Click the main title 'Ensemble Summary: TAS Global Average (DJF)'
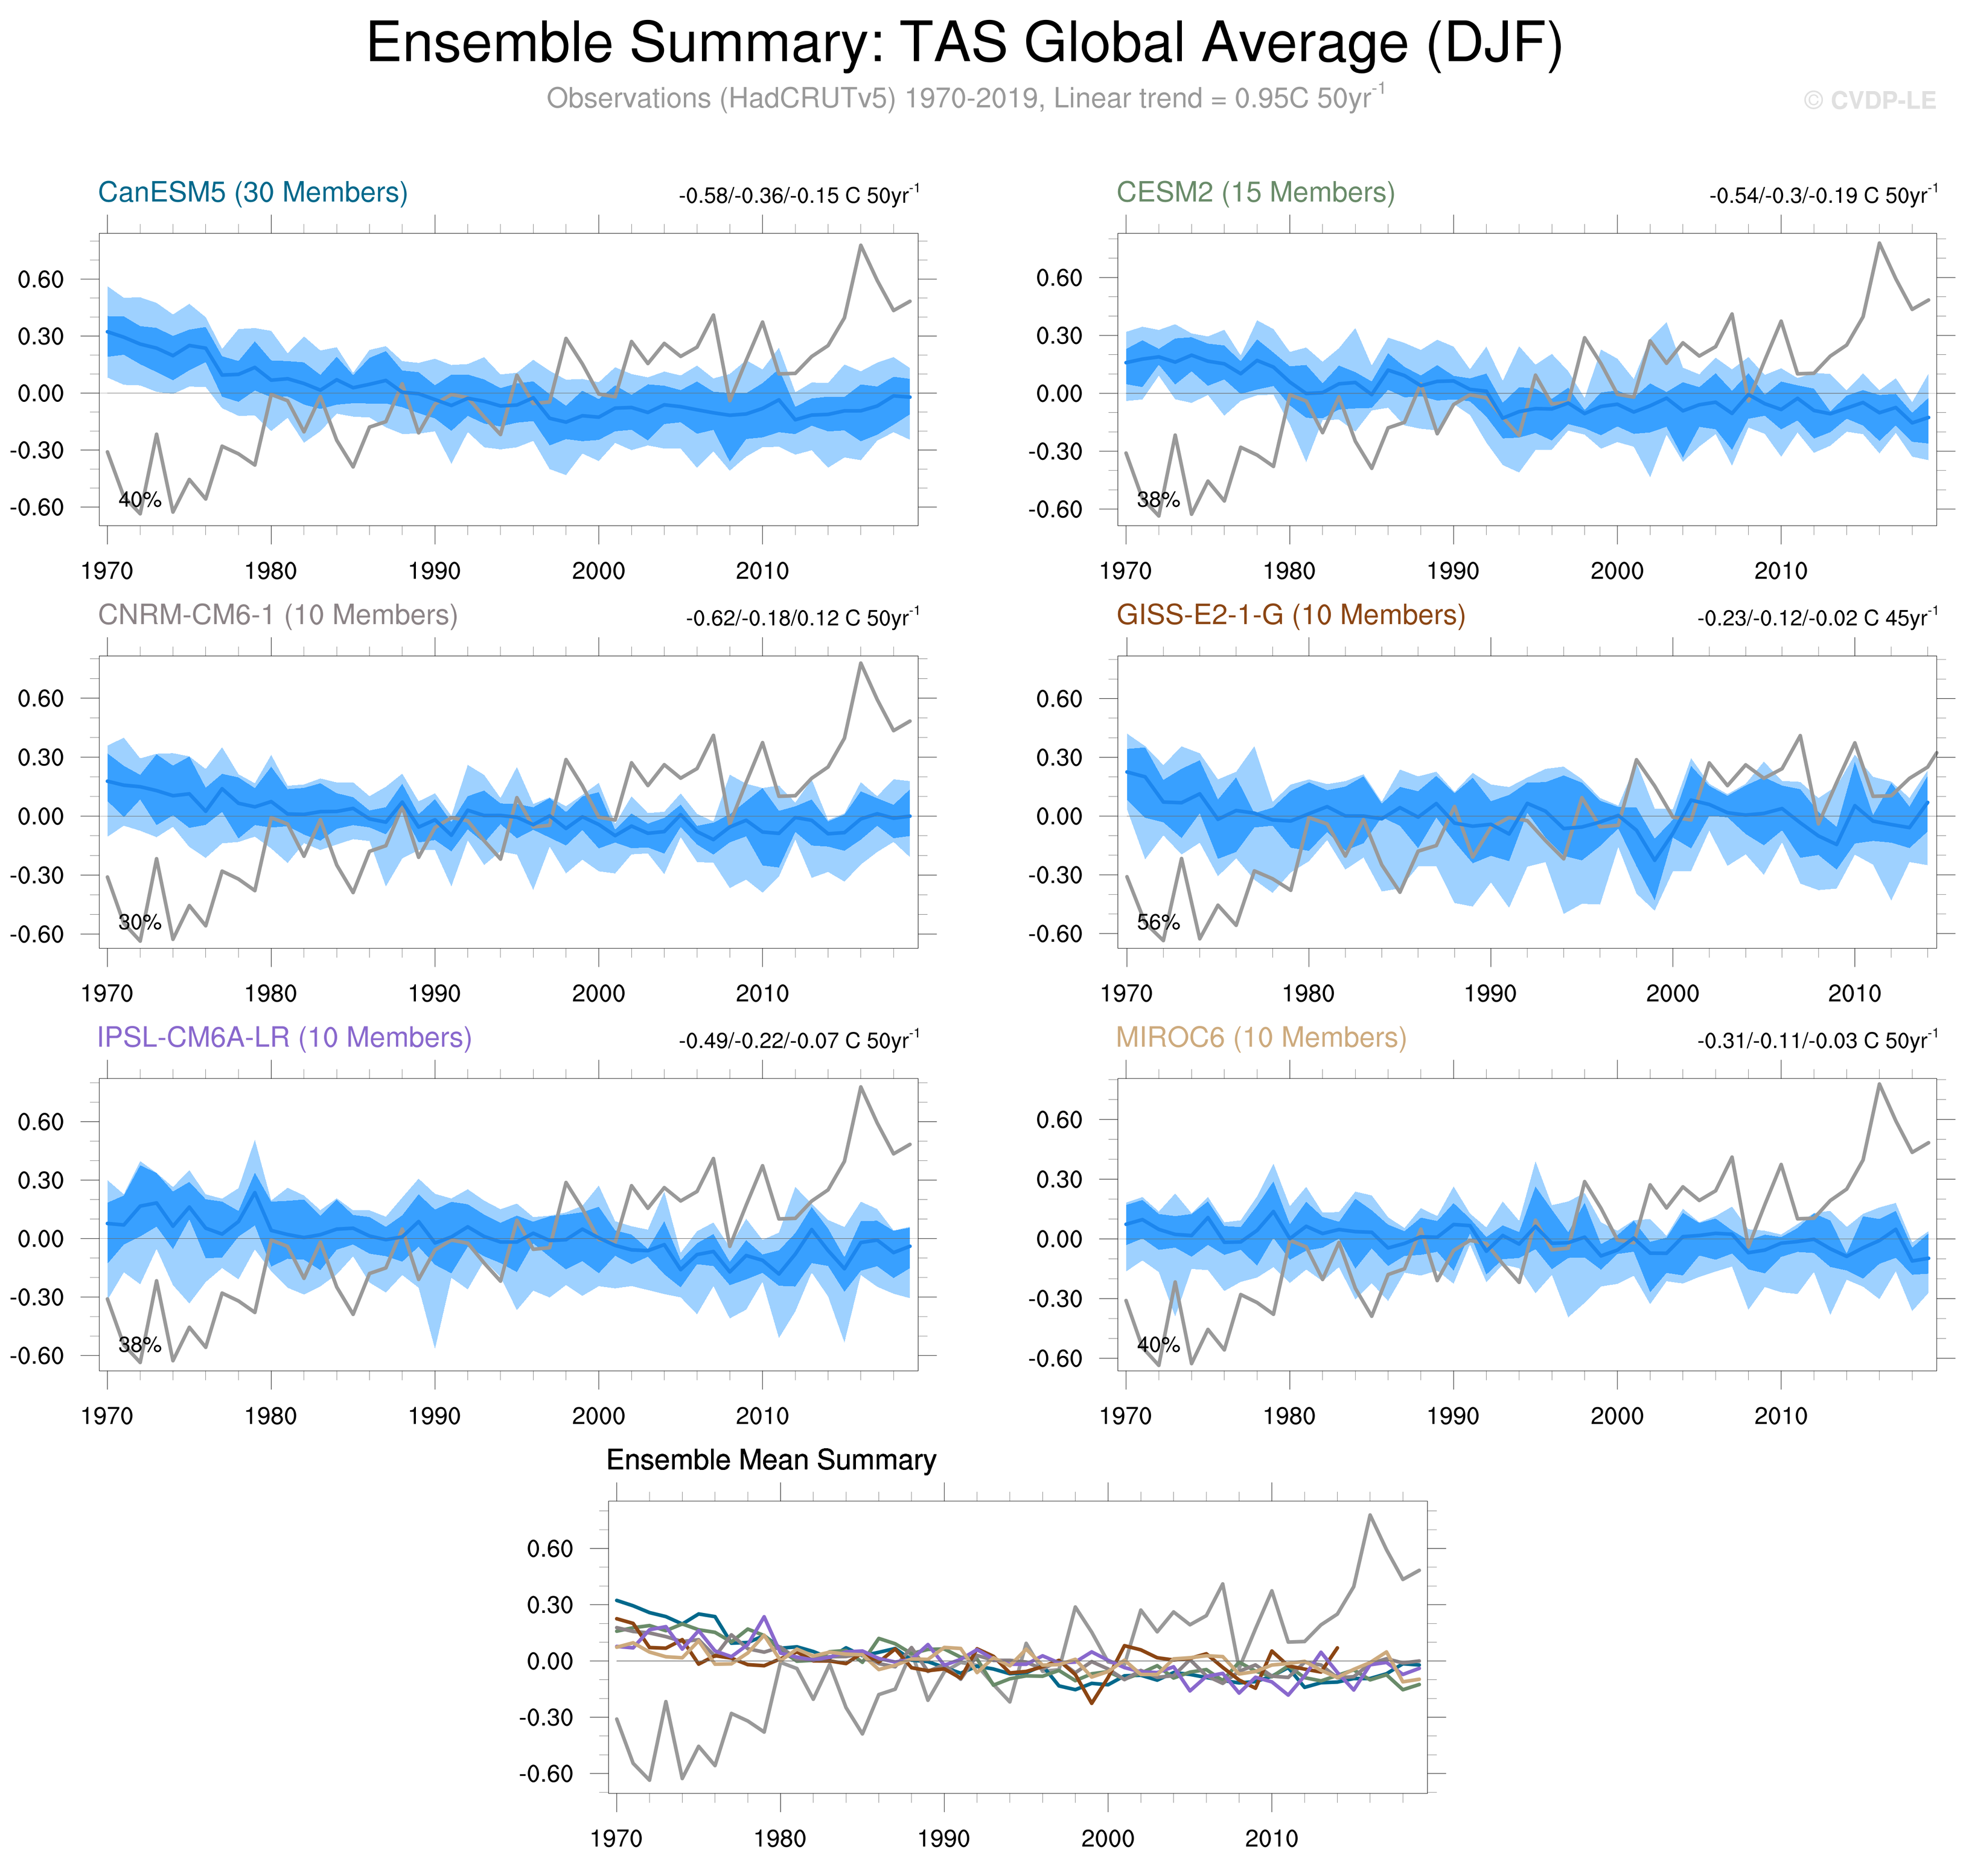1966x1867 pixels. pyautogui.click(x=963, y=44)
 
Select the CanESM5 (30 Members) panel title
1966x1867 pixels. pyautogui.click(x=253, y=192)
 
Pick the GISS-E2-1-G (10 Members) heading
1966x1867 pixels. pyautogui.click(x=1290, y=615)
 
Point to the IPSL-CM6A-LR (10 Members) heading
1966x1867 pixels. pyautogui.click(x=284, y=1037)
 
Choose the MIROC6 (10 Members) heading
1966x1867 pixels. pyautogui.click(x=1260, y=1037)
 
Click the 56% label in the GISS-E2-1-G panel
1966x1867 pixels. pyautogui.click(x=1158, y=923)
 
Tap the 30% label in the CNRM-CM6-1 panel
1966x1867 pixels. pyautogui.click(x=139, y=923)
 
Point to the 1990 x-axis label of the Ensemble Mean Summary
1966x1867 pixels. pyautogui.click(x=943, y=1838)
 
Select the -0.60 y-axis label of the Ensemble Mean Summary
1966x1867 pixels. pyautogui.click(x=546, y=1773)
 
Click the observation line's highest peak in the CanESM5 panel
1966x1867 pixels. pyautogui.click(x=860, y=245)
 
